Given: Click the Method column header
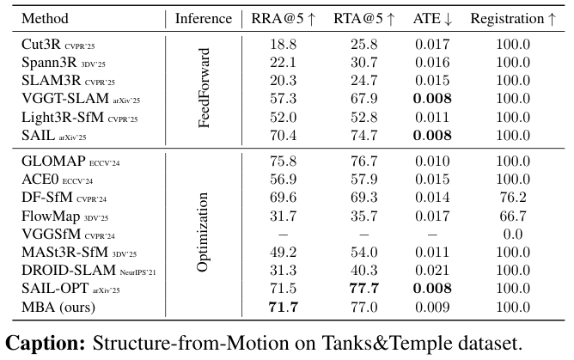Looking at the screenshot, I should [46, 19].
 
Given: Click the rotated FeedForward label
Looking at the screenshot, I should [204, 87].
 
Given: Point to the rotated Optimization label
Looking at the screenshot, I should [204, 232].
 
